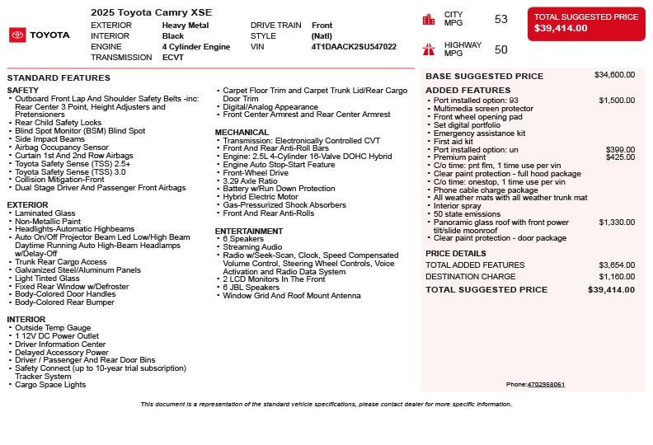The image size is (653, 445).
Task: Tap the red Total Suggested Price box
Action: pyautogui.click(x=586, y=22)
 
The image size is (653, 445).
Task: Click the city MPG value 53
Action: pyautogui.click(x=500, y=19)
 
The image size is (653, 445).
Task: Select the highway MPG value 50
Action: pyautogui.click(x=500, y=49)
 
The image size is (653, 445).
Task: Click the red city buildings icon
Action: pyautogui.click(x=429, y=19)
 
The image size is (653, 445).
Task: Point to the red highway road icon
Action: pyautogui.click(x=429, y=49)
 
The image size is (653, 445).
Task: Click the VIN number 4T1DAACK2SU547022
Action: pyautogui.click(x=354, y=47)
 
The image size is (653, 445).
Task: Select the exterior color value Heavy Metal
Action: pyautogui.click(x=185, y=26)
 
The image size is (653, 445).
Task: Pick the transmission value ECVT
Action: pyautogui.click(x=173, y=58)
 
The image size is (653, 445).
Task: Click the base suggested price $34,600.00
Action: pyautogui.click(x=614, y=75)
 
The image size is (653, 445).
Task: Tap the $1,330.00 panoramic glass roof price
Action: pyautogui.click(x=616, y=222)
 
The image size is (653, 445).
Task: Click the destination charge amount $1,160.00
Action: pyautogui.click(x=616, y=277)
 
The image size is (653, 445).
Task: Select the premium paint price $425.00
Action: pyautogui.click(x=620, y=157)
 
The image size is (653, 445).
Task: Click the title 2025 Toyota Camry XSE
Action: pyautogui.click(x=151, y=12)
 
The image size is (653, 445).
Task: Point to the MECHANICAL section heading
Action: pyautogui.click(x=242, y=133)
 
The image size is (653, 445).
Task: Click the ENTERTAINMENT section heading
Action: pyautogui.click(x=249, y=232)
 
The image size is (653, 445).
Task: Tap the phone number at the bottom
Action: pyautogui.click(x=546, y=385)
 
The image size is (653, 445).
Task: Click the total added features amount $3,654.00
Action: pyautogui.click(x=616, y=265)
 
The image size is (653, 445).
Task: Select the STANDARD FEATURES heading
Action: pyautogui.click(x=59, y=78)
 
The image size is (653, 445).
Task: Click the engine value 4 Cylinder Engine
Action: pyautogui.click(x=196, y=47)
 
